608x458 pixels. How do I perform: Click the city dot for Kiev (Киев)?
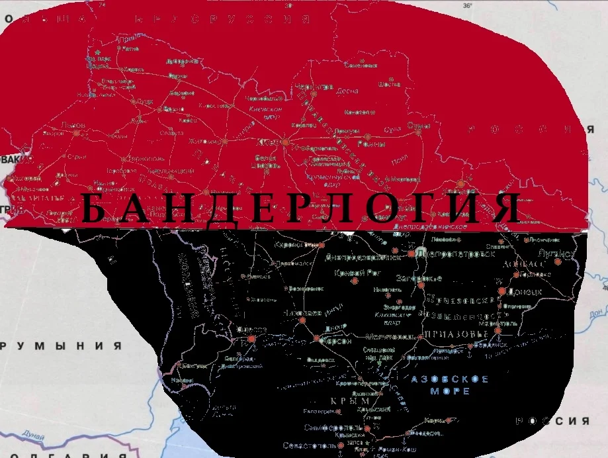[x=284, y=142]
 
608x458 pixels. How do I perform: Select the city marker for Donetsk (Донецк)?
[x=502, y=291]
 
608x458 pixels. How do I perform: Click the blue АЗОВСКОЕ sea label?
[x=450, y=379]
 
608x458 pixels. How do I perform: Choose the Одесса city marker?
[x=251, y=339]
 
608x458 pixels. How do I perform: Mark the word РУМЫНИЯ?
[x=63, y=346]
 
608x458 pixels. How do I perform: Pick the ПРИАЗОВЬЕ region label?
[x=456, y=334]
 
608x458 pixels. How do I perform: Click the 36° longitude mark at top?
[x=468, y=5]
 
